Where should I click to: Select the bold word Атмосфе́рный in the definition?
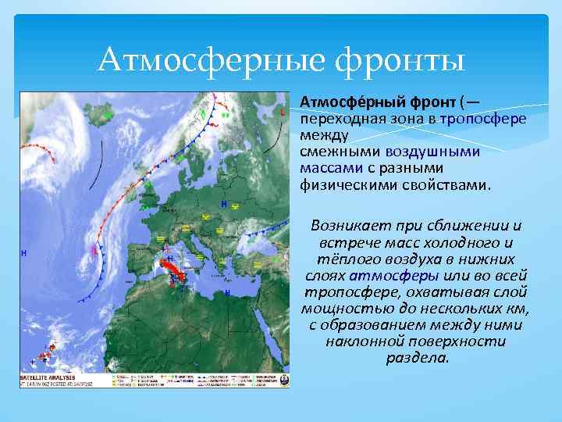click(340, 102)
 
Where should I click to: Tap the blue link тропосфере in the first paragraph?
click(482, 118)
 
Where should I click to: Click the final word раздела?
click(417, 359)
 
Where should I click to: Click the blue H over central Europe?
click(224, 204)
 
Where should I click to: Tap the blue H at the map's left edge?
click(24, 253)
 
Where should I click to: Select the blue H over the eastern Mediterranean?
click(227, 292)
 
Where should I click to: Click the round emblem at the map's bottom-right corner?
click(284, 381)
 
